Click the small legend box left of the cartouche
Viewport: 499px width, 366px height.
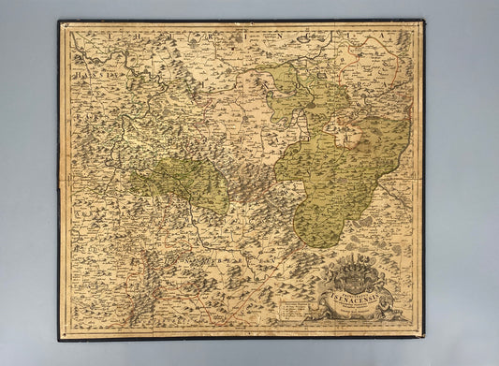tap(289, 304)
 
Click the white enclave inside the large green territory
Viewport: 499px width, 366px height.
tap(352, 138)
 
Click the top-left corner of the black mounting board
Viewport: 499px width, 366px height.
tap(58, 21)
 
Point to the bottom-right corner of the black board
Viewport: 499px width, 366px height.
tap(427, 341)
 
